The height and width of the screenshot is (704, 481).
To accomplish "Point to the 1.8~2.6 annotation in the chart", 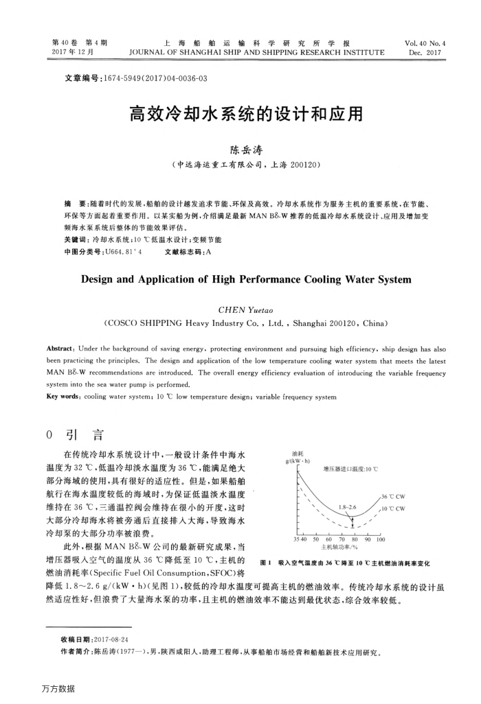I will (348, 507).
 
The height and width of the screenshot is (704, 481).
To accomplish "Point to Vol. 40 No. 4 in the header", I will (425, 43).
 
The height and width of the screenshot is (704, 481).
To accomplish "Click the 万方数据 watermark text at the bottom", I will (58, 688).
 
